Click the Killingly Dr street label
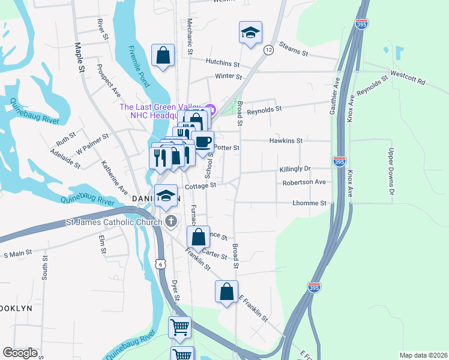pos(295,170)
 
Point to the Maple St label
pos(79,58)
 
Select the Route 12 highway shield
pos(268,50)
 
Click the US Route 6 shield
pos(158,263)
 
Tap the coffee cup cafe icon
pos(203,142)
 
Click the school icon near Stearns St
pos(250,32)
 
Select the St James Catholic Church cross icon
pos(170,222)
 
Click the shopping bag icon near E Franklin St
pos(226,292)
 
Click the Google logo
pos(20,353)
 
